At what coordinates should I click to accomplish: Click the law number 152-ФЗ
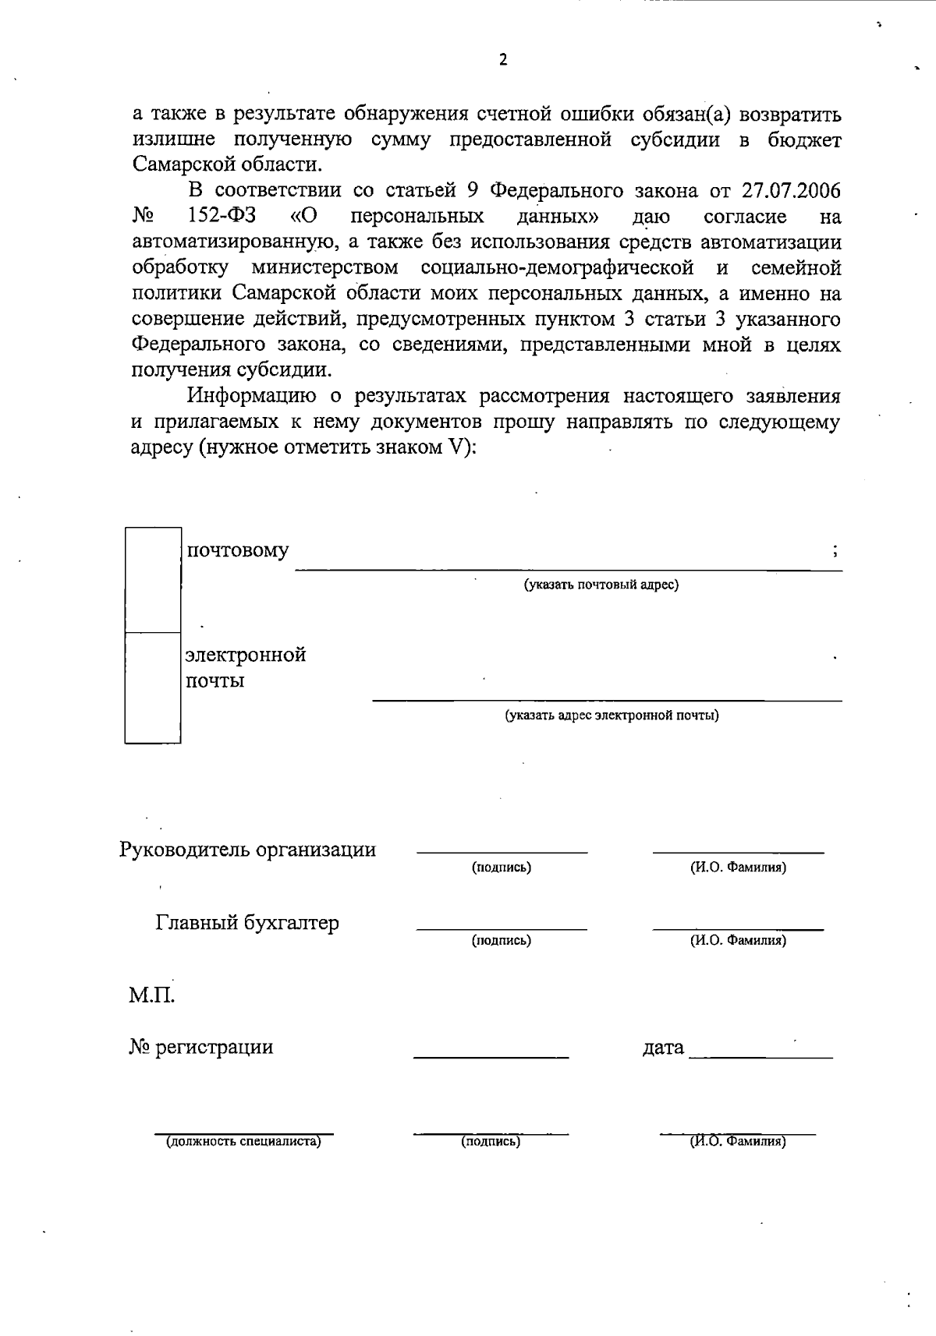(222, 217)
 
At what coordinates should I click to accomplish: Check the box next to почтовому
(153, 580)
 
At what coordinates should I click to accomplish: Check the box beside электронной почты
(153, 687)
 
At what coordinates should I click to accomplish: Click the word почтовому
(237, 551)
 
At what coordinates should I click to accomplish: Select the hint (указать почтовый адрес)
(601, 585)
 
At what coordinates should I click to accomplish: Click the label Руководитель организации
(247, 850)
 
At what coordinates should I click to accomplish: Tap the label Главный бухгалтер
(247, 924)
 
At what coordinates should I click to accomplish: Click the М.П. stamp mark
(151, 996)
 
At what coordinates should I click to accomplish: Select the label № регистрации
(201, 1047)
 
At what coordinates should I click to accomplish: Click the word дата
(663, 1048)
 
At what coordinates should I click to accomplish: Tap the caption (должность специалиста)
(243, 1142)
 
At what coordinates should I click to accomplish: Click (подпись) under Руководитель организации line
(502, 868)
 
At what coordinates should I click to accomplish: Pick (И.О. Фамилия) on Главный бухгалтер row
(738, 941)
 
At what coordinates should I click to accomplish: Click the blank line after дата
(760, 1055)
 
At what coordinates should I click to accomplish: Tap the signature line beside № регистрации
(491, 1055)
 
